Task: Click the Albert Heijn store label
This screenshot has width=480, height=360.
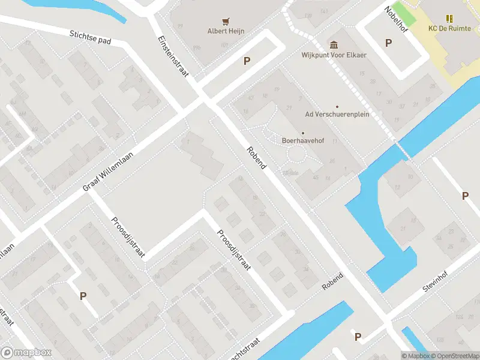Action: tap(226, 31)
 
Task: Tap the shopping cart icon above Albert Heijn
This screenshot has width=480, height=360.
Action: tap(226, 20)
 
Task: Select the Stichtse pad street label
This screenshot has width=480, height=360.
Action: tap(91, 38)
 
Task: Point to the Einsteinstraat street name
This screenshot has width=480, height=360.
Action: tap(173, 56)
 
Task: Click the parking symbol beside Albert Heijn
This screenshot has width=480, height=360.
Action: tap(247, 61)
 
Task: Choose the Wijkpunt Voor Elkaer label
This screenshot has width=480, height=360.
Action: tap(333, 55)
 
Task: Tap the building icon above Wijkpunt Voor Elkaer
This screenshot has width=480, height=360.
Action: tap(333, 44)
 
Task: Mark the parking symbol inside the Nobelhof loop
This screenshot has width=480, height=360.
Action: tap(388, 43)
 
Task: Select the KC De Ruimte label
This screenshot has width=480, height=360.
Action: tap(449, 29)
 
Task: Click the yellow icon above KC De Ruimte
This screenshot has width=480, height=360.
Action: tap(449, 19)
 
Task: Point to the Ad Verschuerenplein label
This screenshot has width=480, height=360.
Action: tap(337, 114)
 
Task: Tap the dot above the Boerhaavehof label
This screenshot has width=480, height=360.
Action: tap(303, 133)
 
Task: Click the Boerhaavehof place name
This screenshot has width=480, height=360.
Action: tap(303, 141)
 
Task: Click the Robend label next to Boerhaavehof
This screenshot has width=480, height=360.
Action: tap(256, 157)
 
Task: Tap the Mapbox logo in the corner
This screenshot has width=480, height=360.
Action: tap(26, 353)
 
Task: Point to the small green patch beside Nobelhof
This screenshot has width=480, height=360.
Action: tap(408, 10)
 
